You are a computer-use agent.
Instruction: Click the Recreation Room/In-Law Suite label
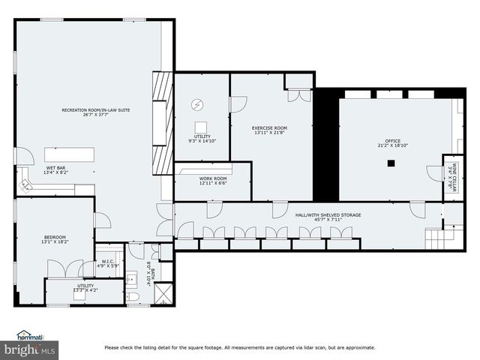point(96,110)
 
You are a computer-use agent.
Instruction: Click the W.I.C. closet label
point(107,263)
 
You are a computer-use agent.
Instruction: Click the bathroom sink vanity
point(132,277)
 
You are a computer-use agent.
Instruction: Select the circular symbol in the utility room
point(199,104)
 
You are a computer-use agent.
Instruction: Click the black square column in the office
point(391,163)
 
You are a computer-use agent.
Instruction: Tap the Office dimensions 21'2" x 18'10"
point(392,146)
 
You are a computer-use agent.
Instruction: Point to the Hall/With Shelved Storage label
point(328,215)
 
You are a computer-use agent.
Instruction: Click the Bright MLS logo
point(30,349)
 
